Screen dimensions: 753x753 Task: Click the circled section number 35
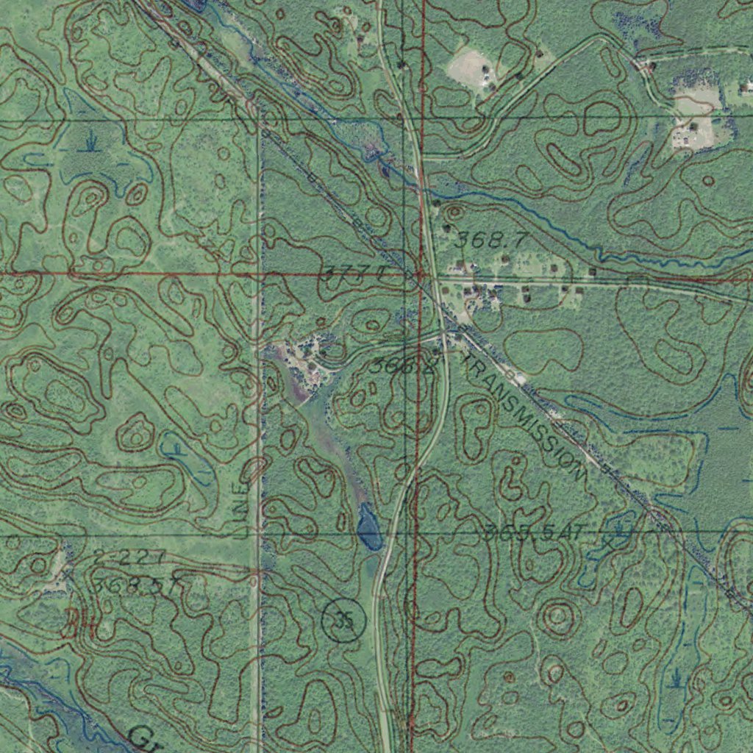[343, 621]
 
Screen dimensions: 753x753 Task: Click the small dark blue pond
[368, 528]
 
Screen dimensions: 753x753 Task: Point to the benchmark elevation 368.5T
[138, 586]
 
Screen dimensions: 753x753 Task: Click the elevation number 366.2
[404, 365]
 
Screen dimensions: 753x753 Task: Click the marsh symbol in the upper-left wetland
[91, 139]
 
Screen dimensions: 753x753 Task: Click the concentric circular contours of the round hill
[557, 615]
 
